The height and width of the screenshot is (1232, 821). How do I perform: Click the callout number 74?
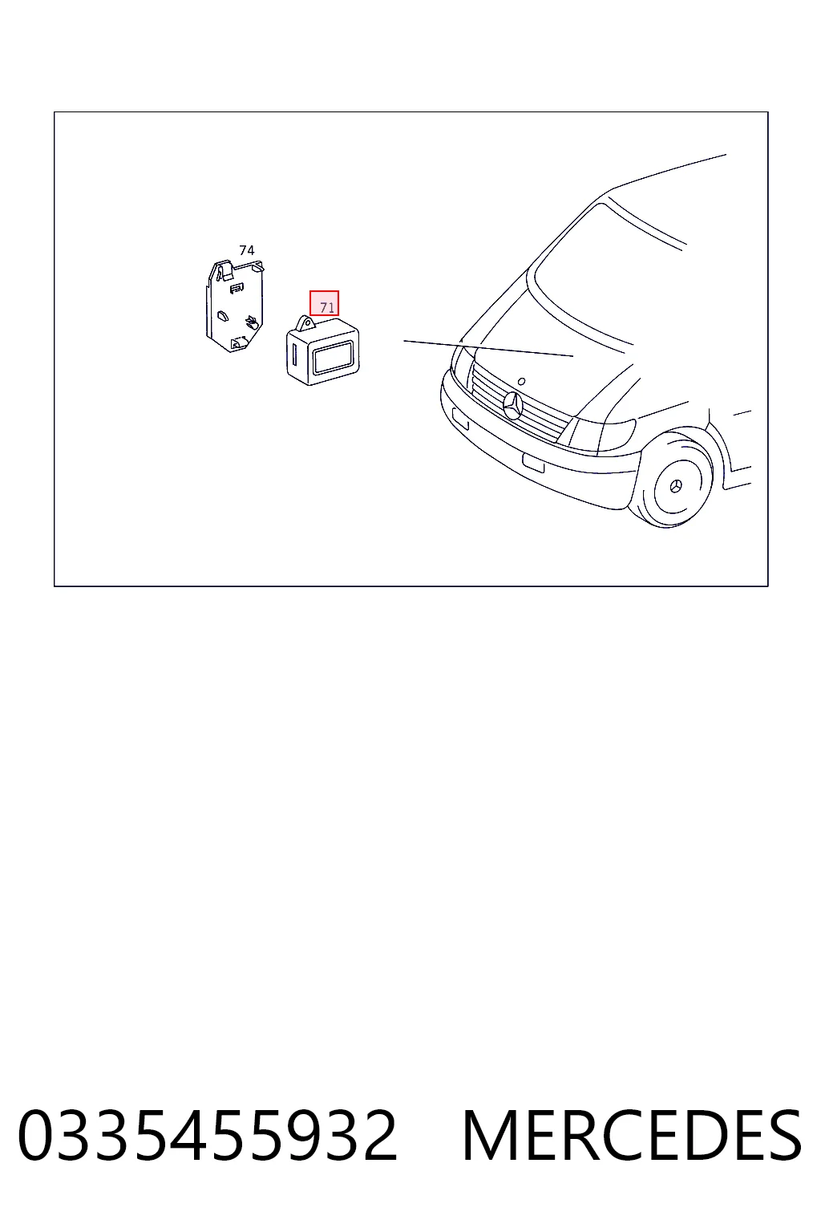pos(246,250)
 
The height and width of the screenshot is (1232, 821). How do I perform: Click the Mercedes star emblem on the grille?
pos(512,405)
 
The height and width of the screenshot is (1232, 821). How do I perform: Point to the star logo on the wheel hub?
pos(675,486)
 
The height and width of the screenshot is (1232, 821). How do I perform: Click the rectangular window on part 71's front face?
pos(332,358)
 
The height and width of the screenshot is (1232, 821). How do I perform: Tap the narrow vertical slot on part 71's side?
pos(295,355)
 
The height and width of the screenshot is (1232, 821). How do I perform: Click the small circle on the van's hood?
pos(521,381)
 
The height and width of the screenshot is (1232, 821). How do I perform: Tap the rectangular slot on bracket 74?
pos(237,287)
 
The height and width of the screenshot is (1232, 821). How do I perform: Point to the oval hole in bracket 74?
pos(223,316)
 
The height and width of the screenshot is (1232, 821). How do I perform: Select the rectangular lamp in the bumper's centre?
pos(533,463)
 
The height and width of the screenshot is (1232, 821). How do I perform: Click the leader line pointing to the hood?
pos(488,349)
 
